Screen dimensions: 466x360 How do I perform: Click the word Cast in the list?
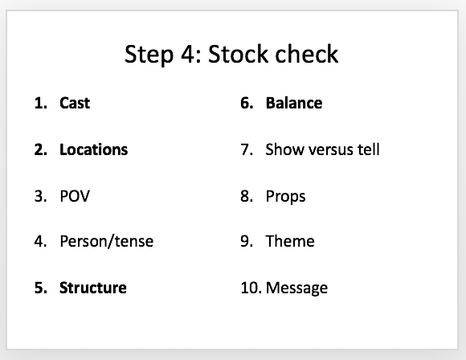(x=75, y=103)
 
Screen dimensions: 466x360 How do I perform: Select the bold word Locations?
(x=94, y=149)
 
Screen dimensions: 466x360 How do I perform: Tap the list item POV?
(x=75, y=196)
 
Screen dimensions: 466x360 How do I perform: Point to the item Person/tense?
(x=106, y=241)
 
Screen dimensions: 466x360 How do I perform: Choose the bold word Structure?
(x=93, y=288)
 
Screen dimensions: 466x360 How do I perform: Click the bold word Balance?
(x=294, y=103)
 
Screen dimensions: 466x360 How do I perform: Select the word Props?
(x=285, y=197)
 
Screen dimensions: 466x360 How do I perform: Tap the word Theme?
(x=290, y=241)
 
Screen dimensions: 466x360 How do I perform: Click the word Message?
(x=296, y=288)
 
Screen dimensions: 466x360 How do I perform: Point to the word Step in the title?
(x=149, y=55)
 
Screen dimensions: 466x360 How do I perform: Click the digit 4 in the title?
(x=187, y=54)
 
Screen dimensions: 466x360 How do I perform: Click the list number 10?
(x=251, y=288)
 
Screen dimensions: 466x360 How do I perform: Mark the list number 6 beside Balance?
(x=247, y=103)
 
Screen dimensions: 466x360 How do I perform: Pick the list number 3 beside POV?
(x=40, y=196)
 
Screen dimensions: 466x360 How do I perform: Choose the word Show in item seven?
(x=285, y=149)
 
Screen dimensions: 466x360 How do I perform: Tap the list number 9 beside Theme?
(x=247, y=241)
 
